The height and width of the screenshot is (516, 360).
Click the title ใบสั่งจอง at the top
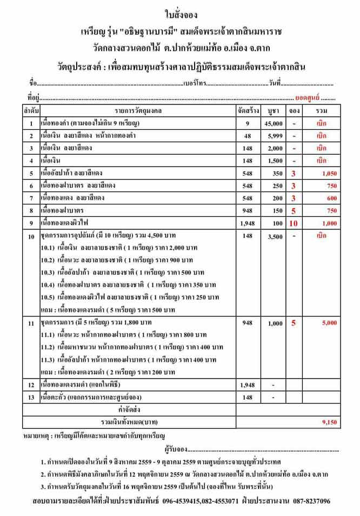tap(181, 12)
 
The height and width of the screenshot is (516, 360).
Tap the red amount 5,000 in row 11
tap(329, 322)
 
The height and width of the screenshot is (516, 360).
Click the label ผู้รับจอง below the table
tap(174, 448)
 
